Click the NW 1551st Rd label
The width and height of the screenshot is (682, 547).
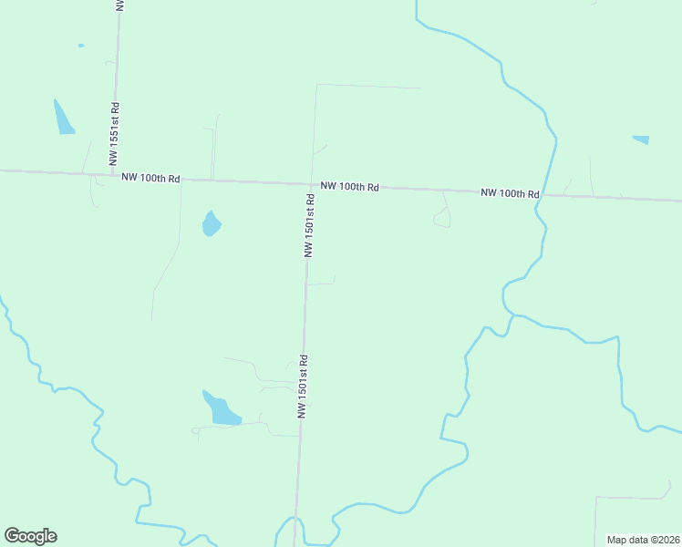pyautogui.click(x=114, y=133)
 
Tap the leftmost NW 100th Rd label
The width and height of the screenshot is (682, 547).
pyautogui.click(x=150, y=178)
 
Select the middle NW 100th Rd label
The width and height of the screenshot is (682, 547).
pyautogui.click(x=349, y=186)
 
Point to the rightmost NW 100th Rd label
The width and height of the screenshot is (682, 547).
pyautogui.click(x=510, y=193)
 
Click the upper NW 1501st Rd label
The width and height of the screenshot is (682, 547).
pyautogui.click(x=310, y=224)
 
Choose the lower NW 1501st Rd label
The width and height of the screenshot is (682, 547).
pyautogui.click(x=303, y=387)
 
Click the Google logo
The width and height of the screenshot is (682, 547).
pyautogui.click(x=31, y=536)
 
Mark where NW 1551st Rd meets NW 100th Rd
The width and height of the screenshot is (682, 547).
pyautogui.click(x=114, y=174)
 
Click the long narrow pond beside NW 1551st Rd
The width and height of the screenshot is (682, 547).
pyautogui.click(x=63, y=119)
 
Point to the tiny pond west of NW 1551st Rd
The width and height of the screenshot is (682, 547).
pyautogui.click(x=81, y=45)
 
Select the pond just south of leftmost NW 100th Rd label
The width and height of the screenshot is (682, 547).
pyautogui.click(x=212, y=223)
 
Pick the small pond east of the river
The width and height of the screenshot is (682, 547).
pyautogui.click(x=642, y=139)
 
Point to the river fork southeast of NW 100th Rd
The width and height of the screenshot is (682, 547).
pyautogui.click(x=512, y=315)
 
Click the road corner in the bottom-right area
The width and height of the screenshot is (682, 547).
pyautogui.click(x=596, y=498)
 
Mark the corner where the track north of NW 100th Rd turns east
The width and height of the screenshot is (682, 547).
pyautogui.click(x=315, y=85)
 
